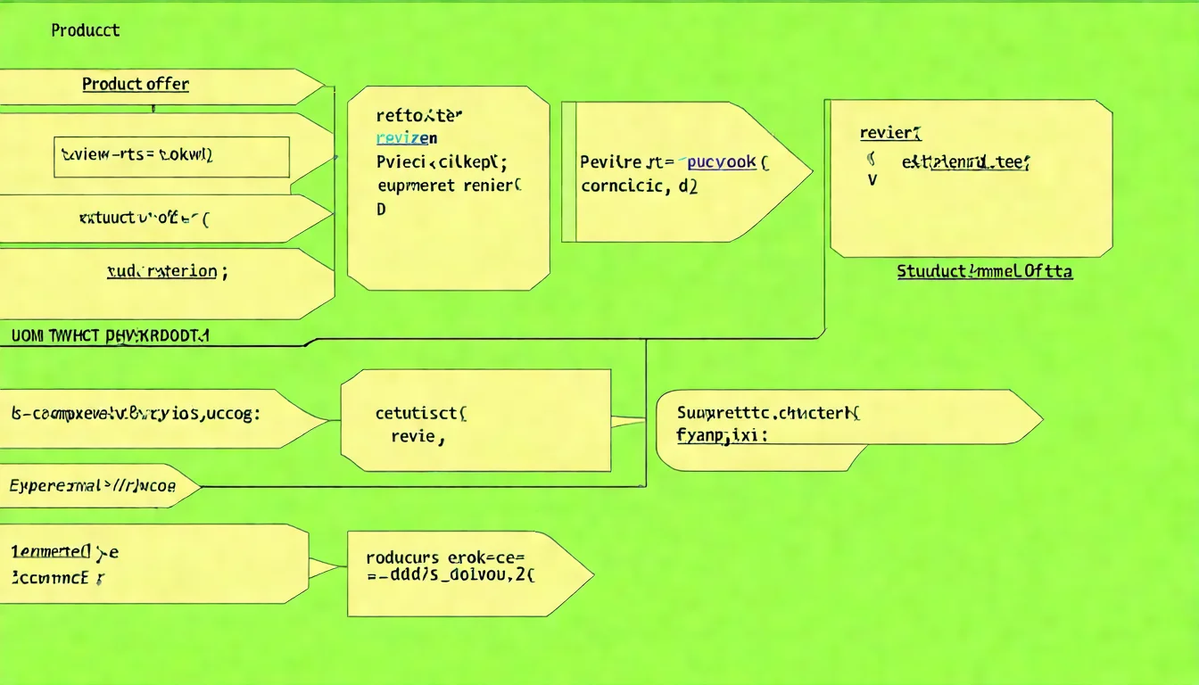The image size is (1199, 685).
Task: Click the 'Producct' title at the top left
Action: [86, 30]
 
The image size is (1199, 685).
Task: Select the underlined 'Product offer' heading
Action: [136, 84]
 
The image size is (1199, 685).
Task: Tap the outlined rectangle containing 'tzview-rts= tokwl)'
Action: [172, 156]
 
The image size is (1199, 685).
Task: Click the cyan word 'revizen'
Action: [406, 137]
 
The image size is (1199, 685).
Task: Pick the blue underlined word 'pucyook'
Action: [722, 161]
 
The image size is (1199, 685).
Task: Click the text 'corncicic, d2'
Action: [640, 186]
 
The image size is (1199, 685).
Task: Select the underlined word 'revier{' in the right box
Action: [890, 133]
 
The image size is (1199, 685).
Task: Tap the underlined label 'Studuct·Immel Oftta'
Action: [984, 271]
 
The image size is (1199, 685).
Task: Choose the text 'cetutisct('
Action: [422, 413]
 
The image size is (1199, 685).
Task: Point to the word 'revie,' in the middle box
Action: [418, 437]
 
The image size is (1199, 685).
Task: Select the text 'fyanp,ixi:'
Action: [723, 436]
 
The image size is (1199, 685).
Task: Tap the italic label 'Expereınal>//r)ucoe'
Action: [93, 486]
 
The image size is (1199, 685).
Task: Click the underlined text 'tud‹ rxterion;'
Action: [167, 271]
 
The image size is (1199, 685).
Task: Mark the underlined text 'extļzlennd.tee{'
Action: [965, 161]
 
